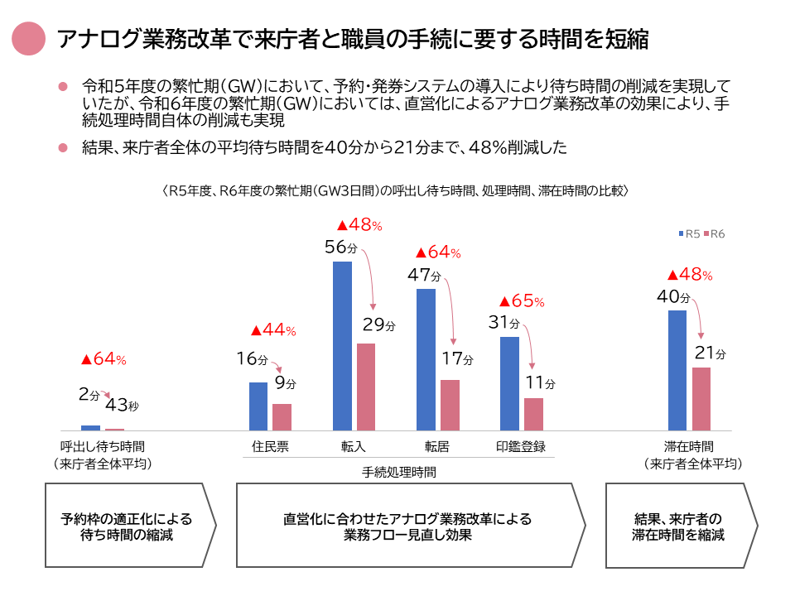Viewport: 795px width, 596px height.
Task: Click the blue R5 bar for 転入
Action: [x=342, y=346]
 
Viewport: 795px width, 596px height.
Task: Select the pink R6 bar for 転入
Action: [x=366, y=387]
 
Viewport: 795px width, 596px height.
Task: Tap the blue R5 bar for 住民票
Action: [x=258, y=406]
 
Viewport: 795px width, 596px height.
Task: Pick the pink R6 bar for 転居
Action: [x=450, y=405]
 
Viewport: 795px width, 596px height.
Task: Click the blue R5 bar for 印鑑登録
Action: [x=509, y=383]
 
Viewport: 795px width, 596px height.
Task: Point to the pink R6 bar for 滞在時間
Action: [x=701, y=399]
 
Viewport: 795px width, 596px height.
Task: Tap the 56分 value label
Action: [x=341, y=247]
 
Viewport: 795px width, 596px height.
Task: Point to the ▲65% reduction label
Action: [x=521, y=302]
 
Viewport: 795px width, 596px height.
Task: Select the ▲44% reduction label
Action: [x=272, y=331]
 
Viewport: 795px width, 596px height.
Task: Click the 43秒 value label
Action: [x=122, y=406]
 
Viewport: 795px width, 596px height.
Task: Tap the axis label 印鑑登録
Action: [x=521, y=446]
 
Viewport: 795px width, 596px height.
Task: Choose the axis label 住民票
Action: [x=270, y=446]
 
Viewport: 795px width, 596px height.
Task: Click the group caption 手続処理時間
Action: [x=399, y=473]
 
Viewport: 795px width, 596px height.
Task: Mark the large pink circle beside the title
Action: [x=30, y=39]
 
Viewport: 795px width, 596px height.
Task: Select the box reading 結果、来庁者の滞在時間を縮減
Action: [x=678, y=526]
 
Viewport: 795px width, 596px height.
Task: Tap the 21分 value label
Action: [x=710, y=353]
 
